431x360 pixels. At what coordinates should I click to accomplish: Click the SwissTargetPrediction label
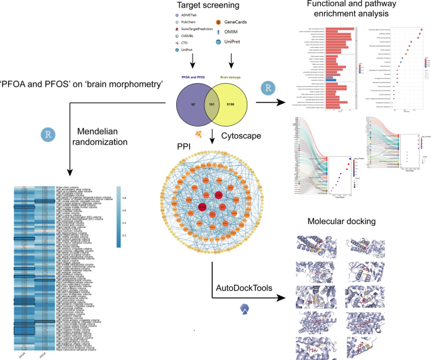[x=191, y=30]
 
